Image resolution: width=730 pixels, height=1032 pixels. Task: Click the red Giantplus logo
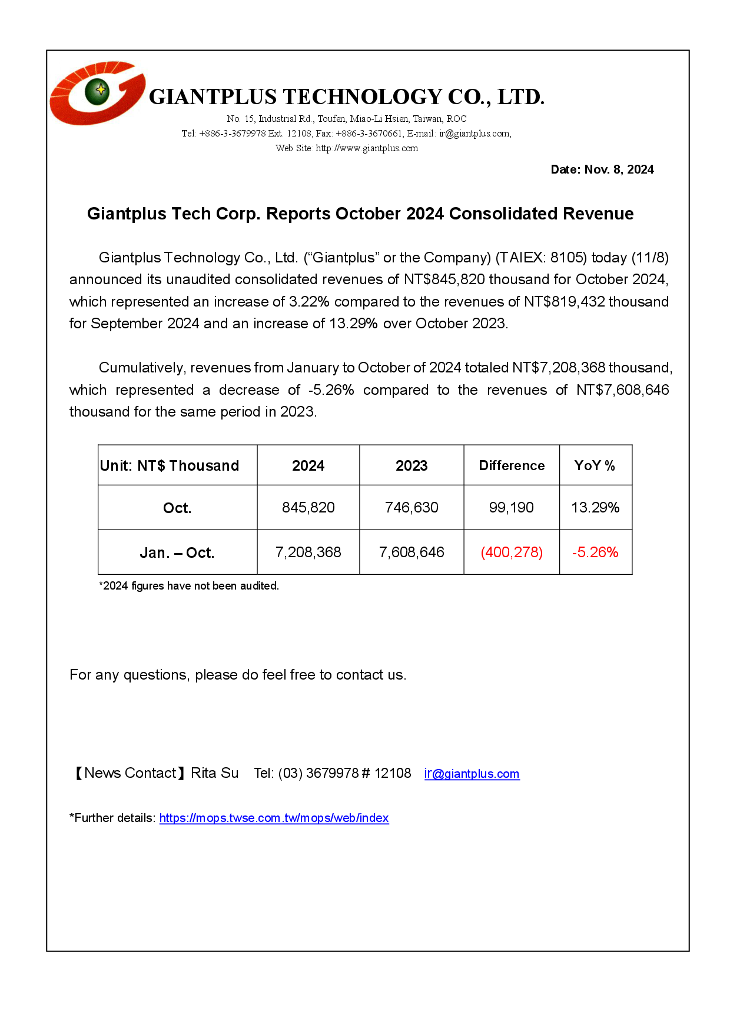97,93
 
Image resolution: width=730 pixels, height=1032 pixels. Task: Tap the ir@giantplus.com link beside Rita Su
472,774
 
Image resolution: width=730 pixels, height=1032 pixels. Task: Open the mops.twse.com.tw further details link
274,818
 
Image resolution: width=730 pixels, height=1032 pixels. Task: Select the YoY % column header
595,465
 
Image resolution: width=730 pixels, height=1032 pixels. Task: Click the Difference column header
512,465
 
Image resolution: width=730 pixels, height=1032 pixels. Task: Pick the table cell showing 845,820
308,507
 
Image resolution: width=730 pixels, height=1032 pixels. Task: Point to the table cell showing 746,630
412,507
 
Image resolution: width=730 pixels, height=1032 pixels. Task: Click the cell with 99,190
511,507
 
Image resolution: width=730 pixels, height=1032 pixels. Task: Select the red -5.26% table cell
595,552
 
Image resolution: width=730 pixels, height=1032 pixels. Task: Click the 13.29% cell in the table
595,507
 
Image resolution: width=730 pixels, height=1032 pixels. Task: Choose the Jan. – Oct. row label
177,552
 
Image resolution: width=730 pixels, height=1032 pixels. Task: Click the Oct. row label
177,508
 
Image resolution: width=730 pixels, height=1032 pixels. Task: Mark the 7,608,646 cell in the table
412,552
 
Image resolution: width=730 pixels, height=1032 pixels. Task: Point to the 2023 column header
412,465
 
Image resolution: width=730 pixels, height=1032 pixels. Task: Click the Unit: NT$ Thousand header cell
170,465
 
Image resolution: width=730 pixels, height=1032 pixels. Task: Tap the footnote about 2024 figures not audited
189,586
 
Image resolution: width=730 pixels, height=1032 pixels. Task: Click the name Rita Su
215,773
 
